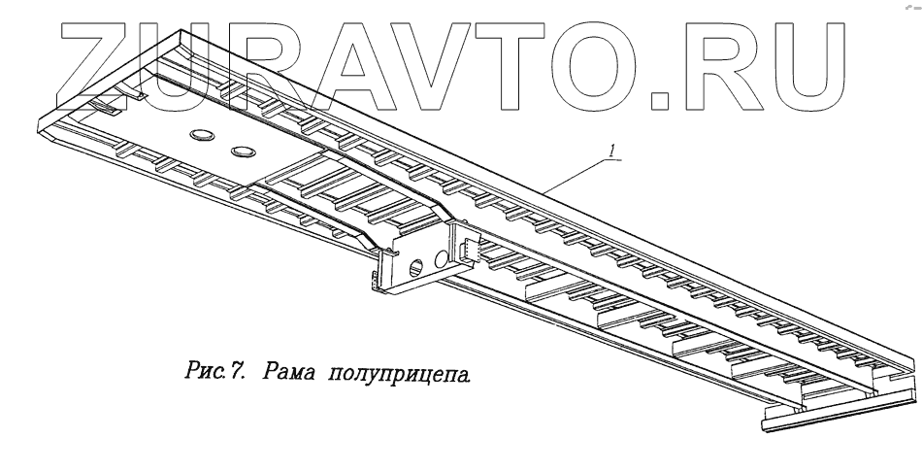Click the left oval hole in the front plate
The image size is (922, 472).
(202, 136)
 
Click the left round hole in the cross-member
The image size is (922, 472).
(416, 266)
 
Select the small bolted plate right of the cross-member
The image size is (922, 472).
(471, 250)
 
